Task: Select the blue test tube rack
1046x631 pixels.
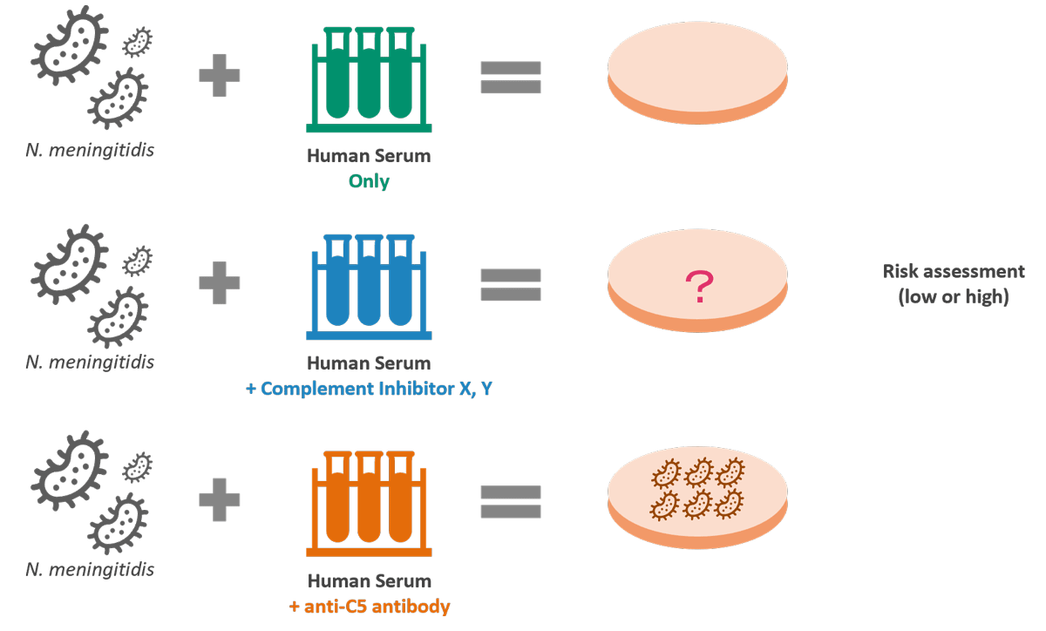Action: point(369,288)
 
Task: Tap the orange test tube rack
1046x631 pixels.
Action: point(369,505)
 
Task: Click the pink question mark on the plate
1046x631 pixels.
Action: point(699,287)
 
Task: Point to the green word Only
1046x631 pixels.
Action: point(369,181)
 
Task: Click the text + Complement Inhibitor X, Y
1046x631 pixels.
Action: point(369,389)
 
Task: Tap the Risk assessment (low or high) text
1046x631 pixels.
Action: point(953,284)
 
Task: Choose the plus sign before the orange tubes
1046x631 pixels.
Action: point(220,500)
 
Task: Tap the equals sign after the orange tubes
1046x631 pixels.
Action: point(511,501)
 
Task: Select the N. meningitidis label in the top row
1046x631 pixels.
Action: point(90,150)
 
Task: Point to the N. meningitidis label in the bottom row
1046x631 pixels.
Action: point(90,570)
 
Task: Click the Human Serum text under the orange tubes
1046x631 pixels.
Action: point(369,581)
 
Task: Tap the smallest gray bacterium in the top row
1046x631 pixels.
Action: point(138,40)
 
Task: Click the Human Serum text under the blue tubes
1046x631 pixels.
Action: point(369,363)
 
